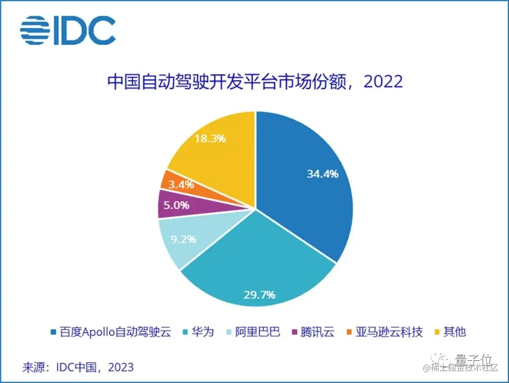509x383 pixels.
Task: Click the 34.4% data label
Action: coord(322,174)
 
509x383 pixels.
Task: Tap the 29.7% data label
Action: coord(259,295)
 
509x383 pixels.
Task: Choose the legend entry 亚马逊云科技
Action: coord(389,332)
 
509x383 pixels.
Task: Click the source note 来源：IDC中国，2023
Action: coord(78,367)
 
